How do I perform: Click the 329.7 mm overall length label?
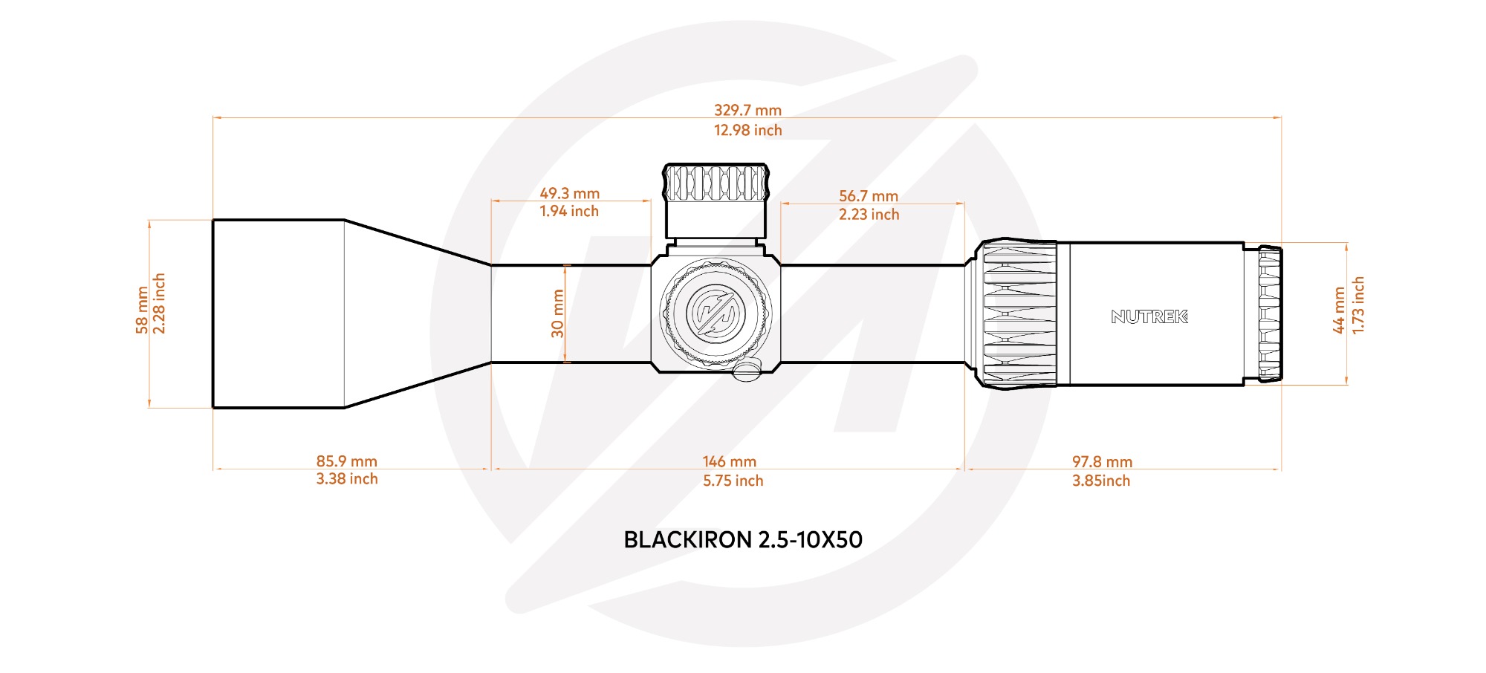(x=747, y=111)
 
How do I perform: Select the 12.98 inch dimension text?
(x=747, y=131)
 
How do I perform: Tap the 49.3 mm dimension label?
(x=569, y=193)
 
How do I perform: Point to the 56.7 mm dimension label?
(x=869, y=196)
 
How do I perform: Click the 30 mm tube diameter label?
(x=557, y=313)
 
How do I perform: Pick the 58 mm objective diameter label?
(x=142, y=310)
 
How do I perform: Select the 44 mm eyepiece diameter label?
(x=1339, y=310)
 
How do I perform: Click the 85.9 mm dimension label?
(x=347, y=461)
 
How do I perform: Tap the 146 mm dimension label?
(x=730, y=462)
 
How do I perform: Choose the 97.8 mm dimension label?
(x=1102, y=462)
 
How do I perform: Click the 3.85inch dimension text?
(x=1101, y=481)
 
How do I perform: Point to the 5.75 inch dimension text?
(x=733, y=481)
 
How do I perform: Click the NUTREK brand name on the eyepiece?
(x=1149, y=317)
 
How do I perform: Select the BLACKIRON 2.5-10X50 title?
(x=743, y=540)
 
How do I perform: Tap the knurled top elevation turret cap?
(x=716, y=183)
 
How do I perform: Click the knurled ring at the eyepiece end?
(x=1270, y=314)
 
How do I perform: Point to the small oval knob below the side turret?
(x=747, y=369)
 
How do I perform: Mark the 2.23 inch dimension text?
(x=869, y=215)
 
